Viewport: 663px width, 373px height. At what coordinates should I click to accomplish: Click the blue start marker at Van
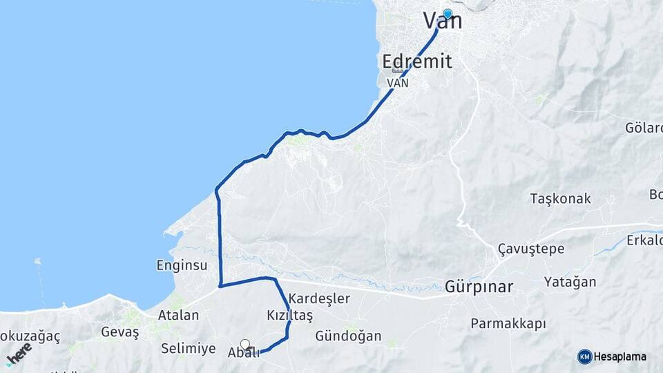coord(448,14)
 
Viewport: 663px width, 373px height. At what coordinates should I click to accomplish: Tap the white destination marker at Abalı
coord(245,344)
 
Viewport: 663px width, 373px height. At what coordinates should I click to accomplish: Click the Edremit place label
coord(417,61)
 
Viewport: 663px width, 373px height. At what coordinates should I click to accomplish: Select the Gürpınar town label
coord(479,286)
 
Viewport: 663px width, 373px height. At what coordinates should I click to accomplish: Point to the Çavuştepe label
coord(531,249)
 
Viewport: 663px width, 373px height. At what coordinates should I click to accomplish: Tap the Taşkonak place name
coord(560,199)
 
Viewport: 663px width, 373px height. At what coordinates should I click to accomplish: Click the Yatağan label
coord(570,282)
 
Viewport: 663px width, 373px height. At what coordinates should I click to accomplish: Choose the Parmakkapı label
coord(508,323)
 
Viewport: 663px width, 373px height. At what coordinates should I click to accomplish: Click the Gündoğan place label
coord(348,336)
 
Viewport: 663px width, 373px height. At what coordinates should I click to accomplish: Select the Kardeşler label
coord(319,299)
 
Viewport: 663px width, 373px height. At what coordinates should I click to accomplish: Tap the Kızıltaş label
coord(290,316)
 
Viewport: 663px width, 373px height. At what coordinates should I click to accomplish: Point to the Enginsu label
coord(182,265)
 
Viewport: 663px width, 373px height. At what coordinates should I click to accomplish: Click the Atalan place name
coord(178,315)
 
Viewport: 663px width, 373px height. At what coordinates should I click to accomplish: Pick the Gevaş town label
coord(120,332)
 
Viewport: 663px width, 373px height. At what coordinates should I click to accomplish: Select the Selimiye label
coord(188,348)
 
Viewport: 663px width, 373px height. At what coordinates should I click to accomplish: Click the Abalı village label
coord(243,353)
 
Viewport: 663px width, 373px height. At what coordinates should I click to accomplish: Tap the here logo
coord(19,353)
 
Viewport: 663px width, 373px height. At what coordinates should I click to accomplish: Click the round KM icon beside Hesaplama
coord(585,356)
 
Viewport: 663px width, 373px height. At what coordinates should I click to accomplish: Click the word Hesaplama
coord(621,356)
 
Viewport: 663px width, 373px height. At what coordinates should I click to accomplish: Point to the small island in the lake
coord(37,262)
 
